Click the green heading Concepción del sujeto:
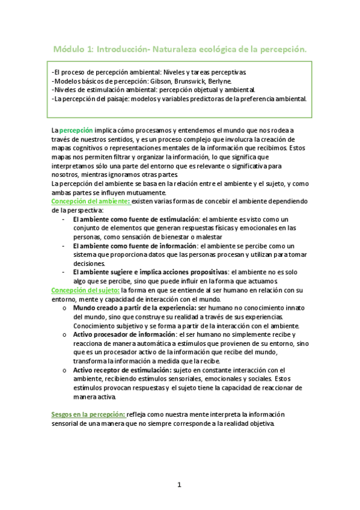tap(84, 290)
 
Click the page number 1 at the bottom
tap(179, 485)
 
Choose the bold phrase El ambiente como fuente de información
tap(134, 246)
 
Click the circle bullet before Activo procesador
tap(64, 334)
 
